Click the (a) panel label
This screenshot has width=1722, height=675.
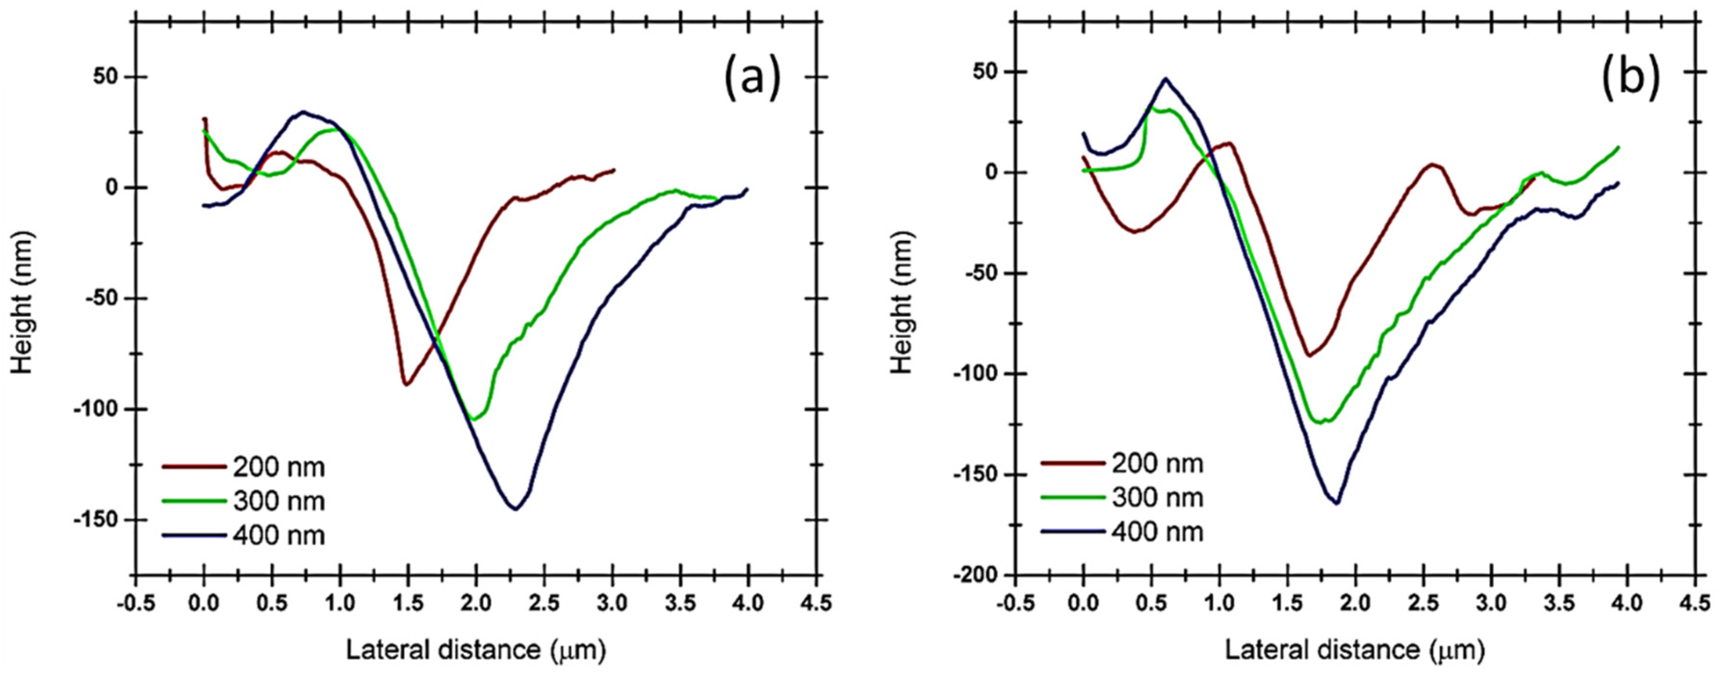[752, 79]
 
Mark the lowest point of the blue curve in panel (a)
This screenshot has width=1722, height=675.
[516, 509]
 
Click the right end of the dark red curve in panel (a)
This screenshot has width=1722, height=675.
[614, 170]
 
